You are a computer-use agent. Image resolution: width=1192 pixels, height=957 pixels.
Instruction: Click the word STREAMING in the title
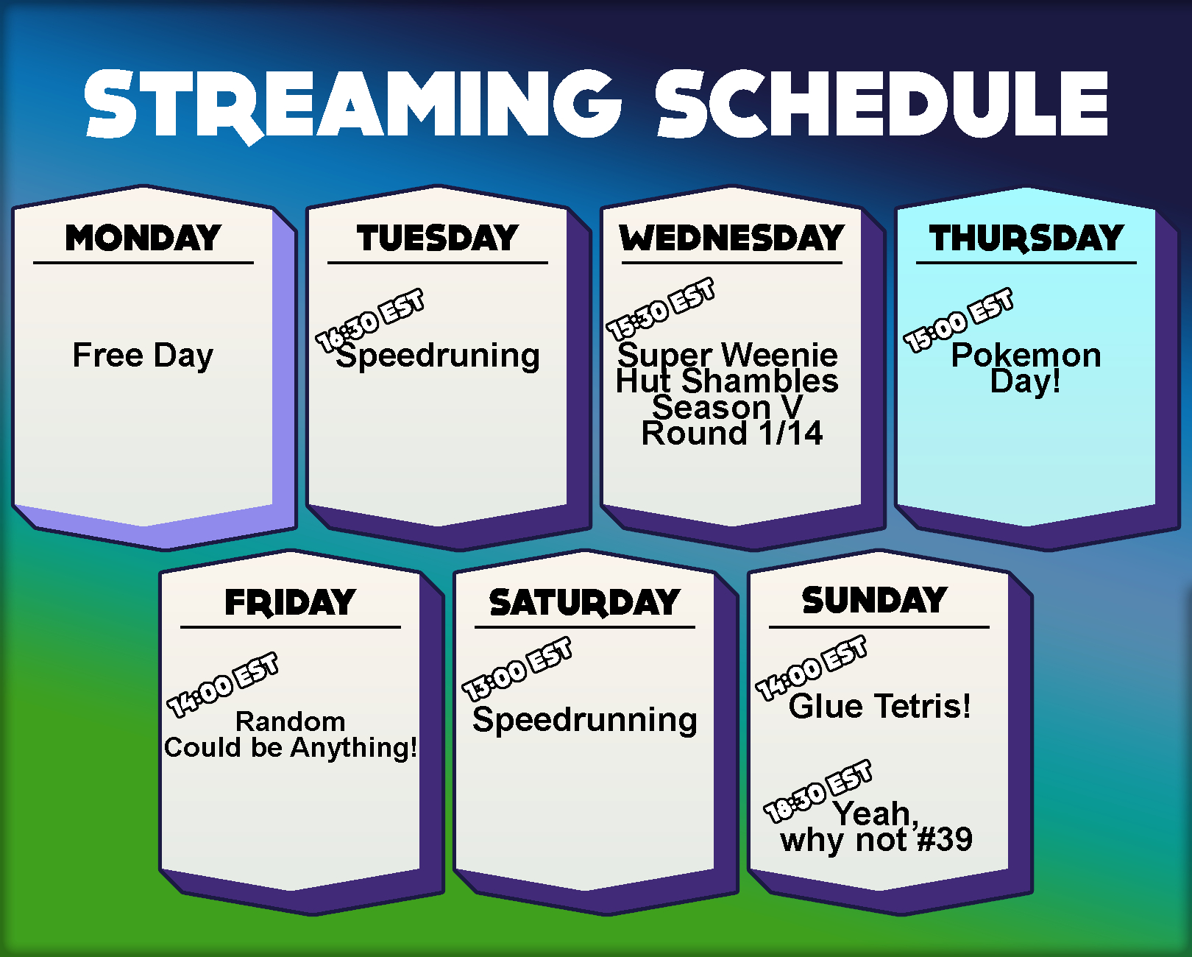pos(353,105)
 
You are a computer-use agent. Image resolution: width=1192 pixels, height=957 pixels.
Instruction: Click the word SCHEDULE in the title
pos(881,104)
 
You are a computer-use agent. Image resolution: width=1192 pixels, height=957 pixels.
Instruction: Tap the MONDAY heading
pos(143,238)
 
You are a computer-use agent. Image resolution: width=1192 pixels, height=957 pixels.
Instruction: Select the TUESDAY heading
pos(438,238)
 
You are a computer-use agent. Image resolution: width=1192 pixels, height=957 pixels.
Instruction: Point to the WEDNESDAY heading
pos(731,238)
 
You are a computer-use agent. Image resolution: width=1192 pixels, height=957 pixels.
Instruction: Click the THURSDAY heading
pos(1026,239)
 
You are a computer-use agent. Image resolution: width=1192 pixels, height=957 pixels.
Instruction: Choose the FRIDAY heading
pos(290,602)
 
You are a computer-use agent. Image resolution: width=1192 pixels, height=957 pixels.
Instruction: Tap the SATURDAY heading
pos(584,602)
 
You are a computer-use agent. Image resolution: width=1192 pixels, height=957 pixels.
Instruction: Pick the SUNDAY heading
pos(875,599)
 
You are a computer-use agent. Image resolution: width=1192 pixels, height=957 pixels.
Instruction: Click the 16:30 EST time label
pos(369,320)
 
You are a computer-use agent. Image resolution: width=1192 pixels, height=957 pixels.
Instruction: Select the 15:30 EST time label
pos(660,309)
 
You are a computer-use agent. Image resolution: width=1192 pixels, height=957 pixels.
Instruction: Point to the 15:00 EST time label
pos(958,319)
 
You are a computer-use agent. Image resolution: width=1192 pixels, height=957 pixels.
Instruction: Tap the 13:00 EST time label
pos(517,669)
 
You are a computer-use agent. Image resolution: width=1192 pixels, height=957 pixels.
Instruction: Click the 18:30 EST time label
pos(817,791)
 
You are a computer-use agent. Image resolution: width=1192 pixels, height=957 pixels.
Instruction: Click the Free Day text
pos(143,356)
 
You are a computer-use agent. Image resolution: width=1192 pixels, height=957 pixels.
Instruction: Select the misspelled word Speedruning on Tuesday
pos(438,356)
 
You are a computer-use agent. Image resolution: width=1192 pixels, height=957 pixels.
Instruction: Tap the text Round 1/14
pos(731,433)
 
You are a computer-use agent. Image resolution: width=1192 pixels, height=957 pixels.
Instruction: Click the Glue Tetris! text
pos(879,706)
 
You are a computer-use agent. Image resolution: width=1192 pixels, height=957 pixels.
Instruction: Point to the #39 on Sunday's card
pos(945,839)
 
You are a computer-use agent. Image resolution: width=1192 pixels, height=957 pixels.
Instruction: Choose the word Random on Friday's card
pos(290,721)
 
